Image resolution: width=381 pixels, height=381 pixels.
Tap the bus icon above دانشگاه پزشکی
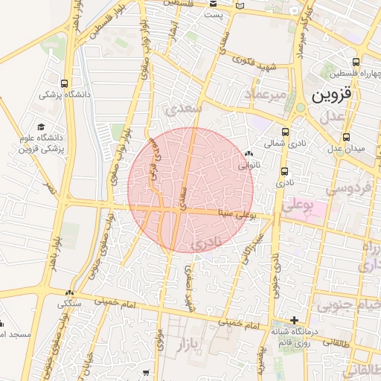click(65, 83)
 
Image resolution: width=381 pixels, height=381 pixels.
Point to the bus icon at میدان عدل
click(347, 137)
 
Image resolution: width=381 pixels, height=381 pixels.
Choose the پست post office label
click(214, 15)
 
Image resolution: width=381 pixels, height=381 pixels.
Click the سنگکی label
click(69, 303)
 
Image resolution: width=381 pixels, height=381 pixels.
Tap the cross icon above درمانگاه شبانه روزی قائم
click(295, 319)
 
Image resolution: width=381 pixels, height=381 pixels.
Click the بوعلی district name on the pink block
click(301, 203)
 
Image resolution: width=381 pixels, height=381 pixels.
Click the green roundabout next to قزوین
click(301, 107)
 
